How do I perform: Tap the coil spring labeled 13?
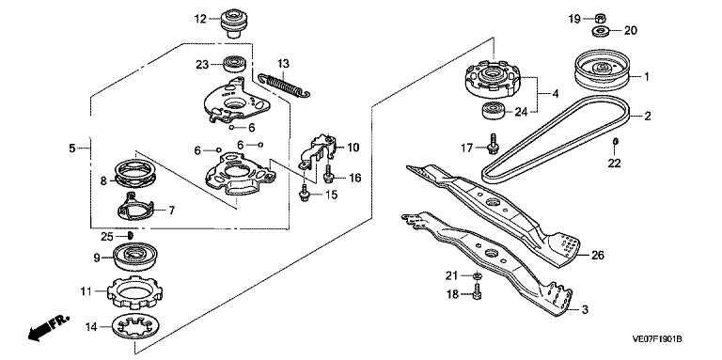[x=283, y=86]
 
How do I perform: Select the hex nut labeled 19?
[x=600, y=19]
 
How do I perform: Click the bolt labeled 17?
[x=493, y=144]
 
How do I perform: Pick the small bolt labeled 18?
[x=477, y=291]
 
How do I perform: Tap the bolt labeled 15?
[x=304, y=193]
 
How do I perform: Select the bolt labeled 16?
[x=329, y=174]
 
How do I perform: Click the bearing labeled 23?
[x=235, y=64]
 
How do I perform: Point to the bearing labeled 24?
[x=494, y=112]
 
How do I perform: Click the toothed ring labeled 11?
[x=138, y=292]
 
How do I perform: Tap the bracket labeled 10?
[x=319, y=150]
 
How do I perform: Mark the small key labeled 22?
[x=615, y=140]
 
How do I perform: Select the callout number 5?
[x=71, y=149]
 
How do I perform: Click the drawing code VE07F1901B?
[x=657, y=339]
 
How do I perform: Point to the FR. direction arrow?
[x=48, y=328]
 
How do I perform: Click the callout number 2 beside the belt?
[x=648, y=117]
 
